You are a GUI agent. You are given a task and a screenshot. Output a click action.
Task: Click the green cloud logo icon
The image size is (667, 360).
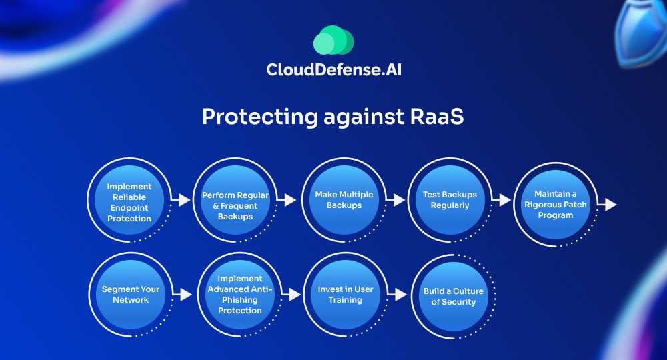coord(333,40)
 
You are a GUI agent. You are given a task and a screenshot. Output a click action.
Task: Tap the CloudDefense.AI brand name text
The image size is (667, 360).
coord(334,69)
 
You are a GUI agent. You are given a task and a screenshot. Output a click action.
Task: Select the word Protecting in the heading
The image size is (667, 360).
coord(260,117)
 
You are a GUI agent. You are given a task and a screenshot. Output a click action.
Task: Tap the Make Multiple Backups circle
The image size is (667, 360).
coord(344,200)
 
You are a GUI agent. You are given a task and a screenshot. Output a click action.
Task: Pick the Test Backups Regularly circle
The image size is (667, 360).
coord(450,200)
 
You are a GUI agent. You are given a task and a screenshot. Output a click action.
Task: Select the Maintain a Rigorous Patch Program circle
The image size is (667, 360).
coord(555,205)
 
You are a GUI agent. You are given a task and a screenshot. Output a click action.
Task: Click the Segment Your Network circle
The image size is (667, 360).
coord(131,295)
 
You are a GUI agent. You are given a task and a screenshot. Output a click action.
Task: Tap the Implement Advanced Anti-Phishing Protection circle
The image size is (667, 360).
coord(240,295)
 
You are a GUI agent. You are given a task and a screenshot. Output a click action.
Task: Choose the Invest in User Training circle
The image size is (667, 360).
coord(346,295)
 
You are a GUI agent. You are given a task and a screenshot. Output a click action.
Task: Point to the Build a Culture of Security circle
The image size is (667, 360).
coord(454,297)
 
